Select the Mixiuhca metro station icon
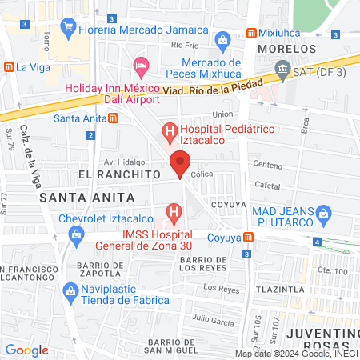(x=251, y=34)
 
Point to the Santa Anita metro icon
(x=114, y=118)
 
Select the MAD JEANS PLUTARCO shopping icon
(x=324, y=213)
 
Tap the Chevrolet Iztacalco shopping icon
(x=76, y=235)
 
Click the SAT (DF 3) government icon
(x=282, y=73)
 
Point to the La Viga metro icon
(x=10, y=67)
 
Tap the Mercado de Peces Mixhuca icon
(x=223, y=39)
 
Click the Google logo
(x=26, y=350)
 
